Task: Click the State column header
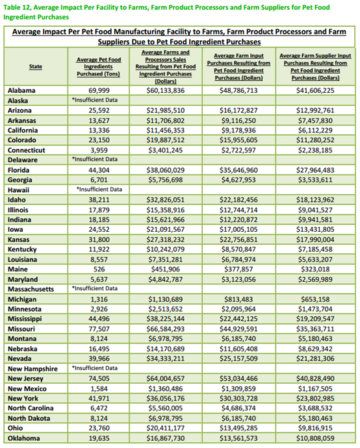coord(36,67)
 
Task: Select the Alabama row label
coord(21,90)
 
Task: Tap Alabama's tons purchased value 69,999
coord(99,90)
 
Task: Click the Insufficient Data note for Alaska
coord(95,100)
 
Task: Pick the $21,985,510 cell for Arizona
coord(166,110)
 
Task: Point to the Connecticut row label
coord(26,150)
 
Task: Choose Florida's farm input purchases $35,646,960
coord(238,170)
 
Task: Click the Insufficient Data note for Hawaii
coord(99,190)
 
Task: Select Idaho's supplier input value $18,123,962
coord(315,200)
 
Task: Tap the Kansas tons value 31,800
coord(99,240)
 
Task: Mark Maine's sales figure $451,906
coord(166,269)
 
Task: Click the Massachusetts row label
coord(31,289)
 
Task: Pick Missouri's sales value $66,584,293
coord(166,329)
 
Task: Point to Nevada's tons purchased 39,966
coord(99,359)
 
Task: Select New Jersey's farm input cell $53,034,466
coord(238,379)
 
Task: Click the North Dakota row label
coord(29,419)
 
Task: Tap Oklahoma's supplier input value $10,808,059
coord(315,438)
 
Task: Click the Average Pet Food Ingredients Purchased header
coord(98,67)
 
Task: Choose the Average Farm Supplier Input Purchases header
coord(315,67)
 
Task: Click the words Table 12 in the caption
coord(17,7)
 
